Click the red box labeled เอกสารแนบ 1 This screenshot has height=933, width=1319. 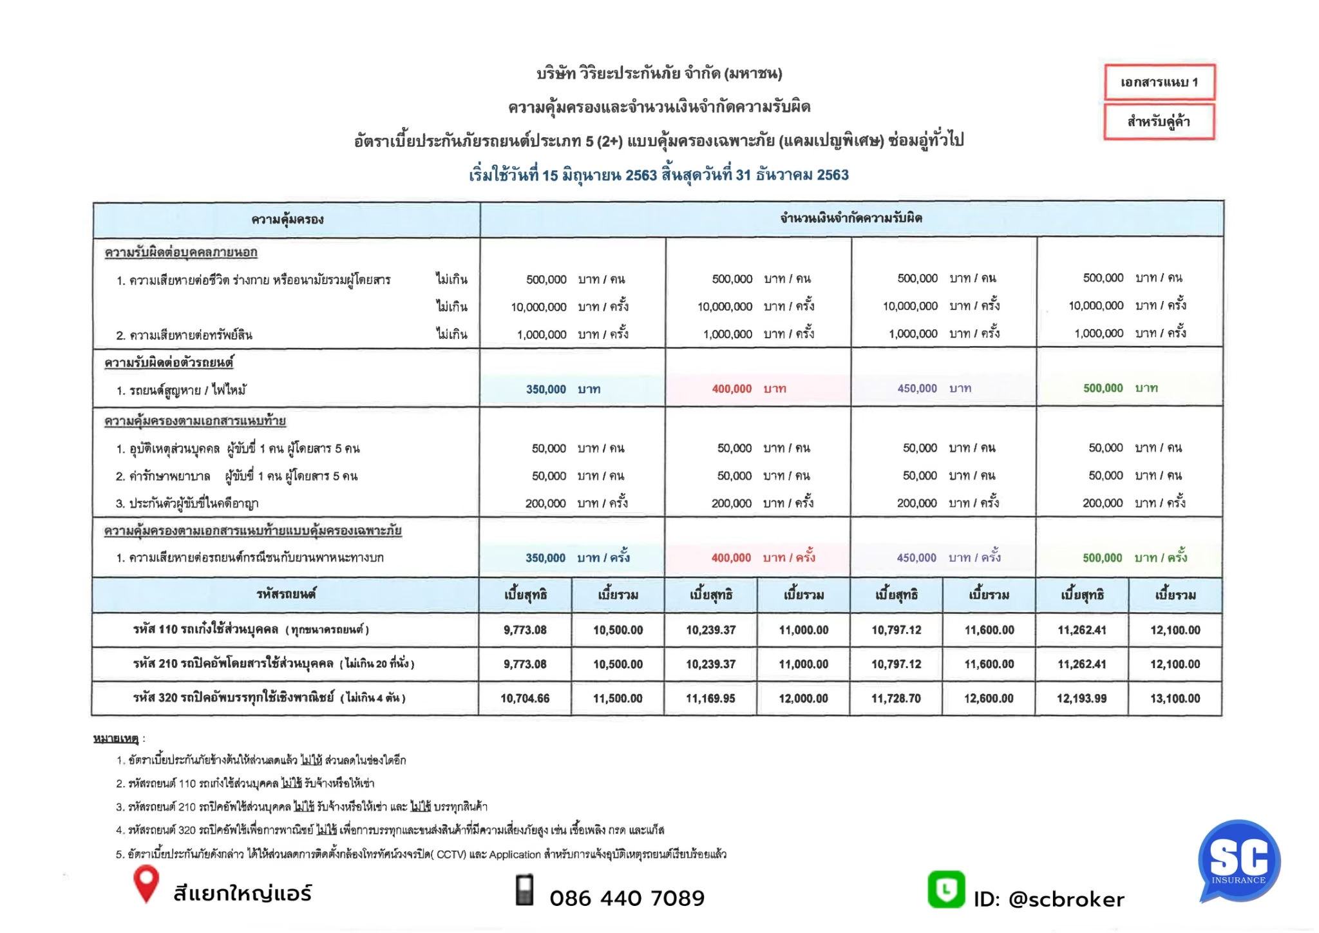[1159, 82]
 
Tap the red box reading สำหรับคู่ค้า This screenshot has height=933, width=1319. [1159, 122]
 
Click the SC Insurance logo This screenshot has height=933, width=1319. [1238, 861]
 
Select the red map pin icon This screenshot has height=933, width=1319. [146, 883]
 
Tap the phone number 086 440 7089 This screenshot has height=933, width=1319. [627, 898]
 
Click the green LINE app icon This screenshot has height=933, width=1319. [945, 890]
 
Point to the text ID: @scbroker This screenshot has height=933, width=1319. [1049, 899]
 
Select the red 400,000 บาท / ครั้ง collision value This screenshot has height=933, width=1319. [763, 558]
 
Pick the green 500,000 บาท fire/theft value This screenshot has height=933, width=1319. [1120, 389]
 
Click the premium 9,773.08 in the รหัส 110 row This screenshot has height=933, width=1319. [525, 630]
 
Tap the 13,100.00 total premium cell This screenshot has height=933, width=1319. [1175, 698]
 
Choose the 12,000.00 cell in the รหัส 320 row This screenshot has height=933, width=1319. [803, 698]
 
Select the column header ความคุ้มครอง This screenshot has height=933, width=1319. [287, 220]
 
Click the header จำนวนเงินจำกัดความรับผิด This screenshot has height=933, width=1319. [851, 218]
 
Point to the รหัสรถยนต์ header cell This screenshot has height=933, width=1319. [286, 594]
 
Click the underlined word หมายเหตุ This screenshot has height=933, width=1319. [116, 738]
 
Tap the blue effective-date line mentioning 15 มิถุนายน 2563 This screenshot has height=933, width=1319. [658, 175]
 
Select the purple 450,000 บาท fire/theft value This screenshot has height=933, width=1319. [934, 389]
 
